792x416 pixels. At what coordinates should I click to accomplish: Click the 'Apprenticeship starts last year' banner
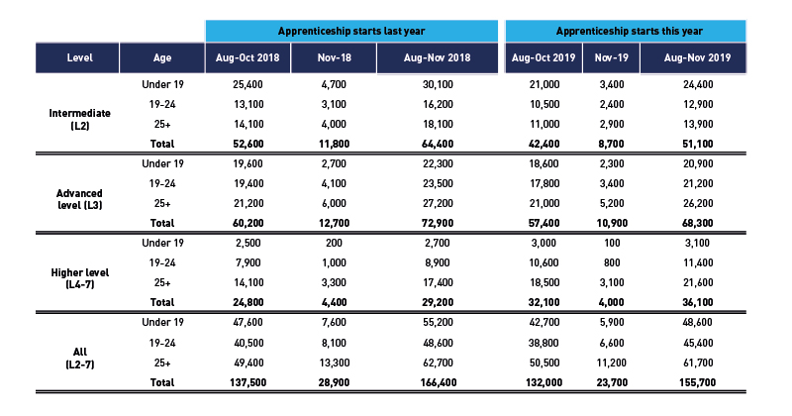[x=351, y=31]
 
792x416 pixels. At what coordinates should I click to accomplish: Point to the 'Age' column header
[x=162, y=57]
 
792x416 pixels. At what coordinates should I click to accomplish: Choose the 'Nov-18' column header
[x=334, y=57]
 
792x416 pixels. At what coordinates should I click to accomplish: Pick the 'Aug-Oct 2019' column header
[x=544, y=57]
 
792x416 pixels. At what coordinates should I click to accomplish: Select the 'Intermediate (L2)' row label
[x=80, y=119]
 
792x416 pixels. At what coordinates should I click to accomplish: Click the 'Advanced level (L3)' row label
[x=79, y=199]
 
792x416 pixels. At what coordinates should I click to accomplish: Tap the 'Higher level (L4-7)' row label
[x=80, y=278]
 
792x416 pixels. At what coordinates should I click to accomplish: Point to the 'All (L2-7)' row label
[x=80, y=358]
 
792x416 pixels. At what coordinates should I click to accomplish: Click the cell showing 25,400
[x=247, y=84]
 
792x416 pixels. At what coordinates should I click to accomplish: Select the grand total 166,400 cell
[x=438, y=382]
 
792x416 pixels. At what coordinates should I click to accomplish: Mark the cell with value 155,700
[x=698, y=382]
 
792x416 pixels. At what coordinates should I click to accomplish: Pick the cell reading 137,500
[x=247, y=382]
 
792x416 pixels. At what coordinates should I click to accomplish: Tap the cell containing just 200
[x=334, y=243]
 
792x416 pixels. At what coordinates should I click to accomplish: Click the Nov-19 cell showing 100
[x=612, y=243]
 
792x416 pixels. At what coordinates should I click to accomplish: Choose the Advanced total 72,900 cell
[x=438, y=223]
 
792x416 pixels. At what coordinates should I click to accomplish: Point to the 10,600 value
[x=544, y=262]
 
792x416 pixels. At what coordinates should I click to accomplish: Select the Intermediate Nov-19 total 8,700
[x=612, y=144]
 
